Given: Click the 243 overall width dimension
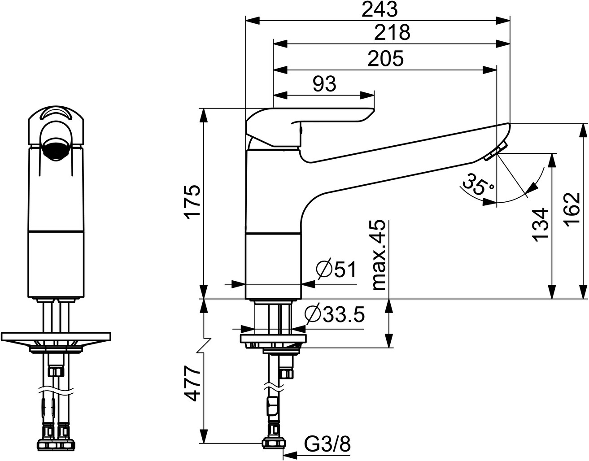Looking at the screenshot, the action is point(380,10).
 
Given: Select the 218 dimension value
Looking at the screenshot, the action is point(392,32).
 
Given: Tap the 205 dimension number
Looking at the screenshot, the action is point(385,58).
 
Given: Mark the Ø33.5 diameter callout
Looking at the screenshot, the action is point(335,315).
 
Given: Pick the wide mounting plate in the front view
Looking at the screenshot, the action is point(56,337).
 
